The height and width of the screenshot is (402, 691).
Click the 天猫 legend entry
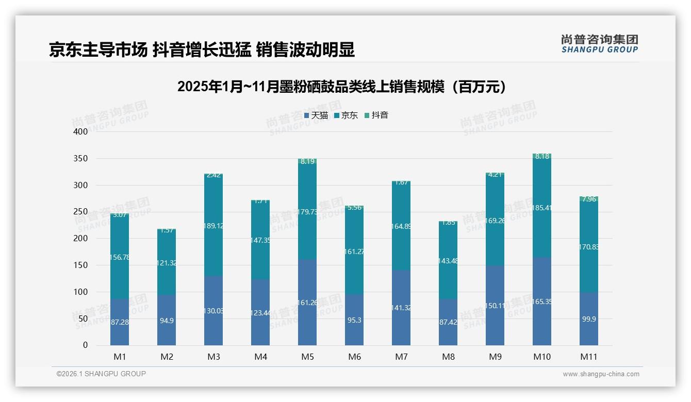(316, 115)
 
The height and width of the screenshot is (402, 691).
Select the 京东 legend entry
(346, 115)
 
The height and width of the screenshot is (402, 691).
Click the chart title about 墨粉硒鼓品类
(341, 87)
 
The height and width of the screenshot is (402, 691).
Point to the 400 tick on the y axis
(81, 131)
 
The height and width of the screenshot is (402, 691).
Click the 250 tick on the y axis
(81, 212)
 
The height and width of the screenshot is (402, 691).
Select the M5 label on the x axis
(307, 357)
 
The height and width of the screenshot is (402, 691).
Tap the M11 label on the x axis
(589, 357)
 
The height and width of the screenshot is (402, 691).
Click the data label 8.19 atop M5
(307, 161)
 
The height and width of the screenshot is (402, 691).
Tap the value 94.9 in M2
(167, 321)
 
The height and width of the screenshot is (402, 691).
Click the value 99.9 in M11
(589, 320)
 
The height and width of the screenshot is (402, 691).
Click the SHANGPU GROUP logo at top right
(599, 43)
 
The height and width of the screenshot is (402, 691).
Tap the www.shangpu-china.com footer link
(601, 374)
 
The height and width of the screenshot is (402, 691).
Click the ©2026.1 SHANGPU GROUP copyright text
(101, 374)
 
